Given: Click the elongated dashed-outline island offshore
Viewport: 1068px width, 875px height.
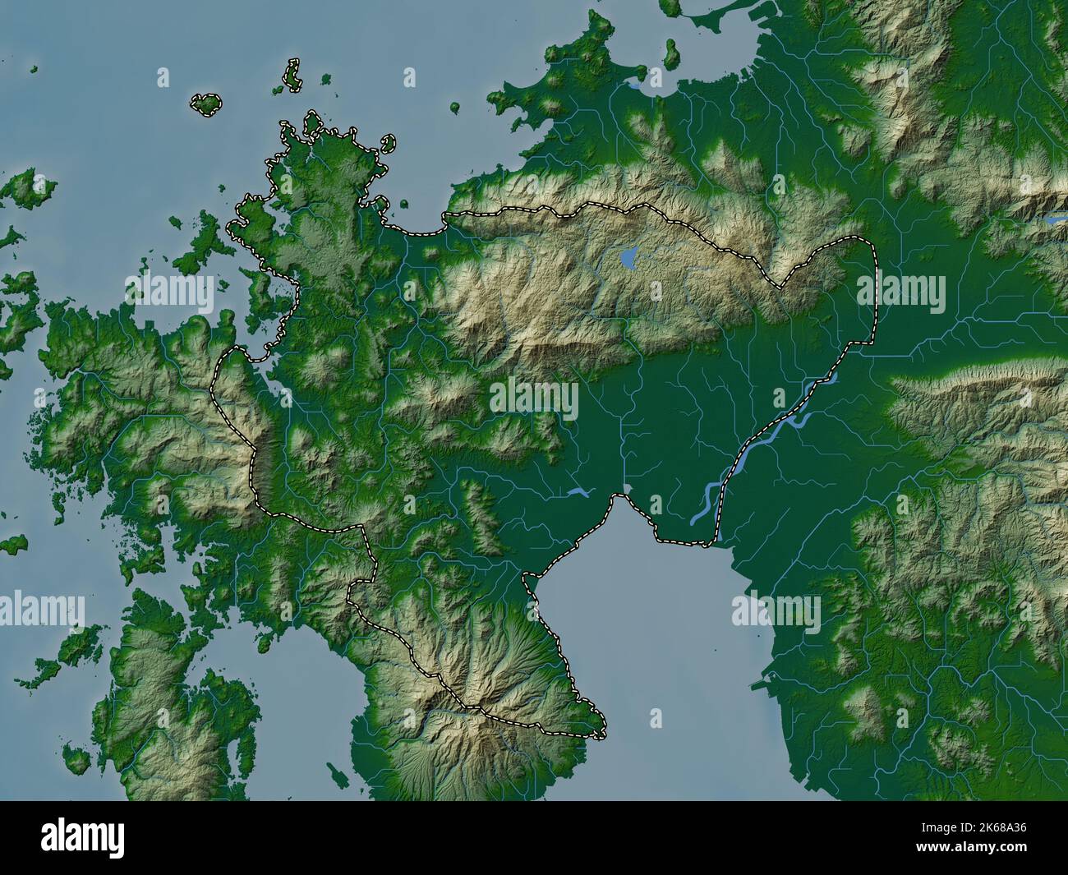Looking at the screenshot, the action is pyautogui.click(x=292, y=74).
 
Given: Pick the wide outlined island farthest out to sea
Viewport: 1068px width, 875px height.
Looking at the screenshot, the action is pyautogui.click(x=206, y=103).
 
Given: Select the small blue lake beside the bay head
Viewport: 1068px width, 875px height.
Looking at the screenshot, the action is pyautogui.click(x=578, y=493).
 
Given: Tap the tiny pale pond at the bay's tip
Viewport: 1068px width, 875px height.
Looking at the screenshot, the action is pyautogui.click(x=628, y=489).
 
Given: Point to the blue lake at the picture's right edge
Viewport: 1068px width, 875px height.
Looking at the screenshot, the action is pyautogui.click(x=1053, y=220).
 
